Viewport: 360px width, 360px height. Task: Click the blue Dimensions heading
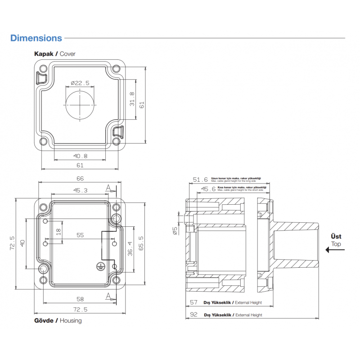36,38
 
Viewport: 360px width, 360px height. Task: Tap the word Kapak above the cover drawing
44,54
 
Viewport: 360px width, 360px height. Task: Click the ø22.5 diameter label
80,83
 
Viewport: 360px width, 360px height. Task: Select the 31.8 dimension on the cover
131,99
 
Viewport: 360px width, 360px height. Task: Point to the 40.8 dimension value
80,156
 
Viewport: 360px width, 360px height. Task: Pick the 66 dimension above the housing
80,179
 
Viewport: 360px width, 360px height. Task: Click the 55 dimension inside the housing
80,235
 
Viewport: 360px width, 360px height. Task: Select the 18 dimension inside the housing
58,232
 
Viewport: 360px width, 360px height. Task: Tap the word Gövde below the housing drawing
44,321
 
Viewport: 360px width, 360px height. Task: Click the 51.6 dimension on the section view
200,180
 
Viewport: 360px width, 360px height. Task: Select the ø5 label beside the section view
175,231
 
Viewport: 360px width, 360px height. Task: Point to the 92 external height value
194,315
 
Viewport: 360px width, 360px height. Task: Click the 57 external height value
194,302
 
